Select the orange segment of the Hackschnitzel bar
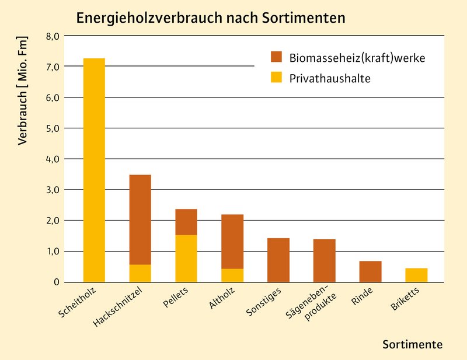(x=140, y=219)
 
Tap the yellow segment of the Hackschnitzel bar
(x=140, y=274)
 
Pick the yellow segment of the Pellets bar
(x=186, y=258)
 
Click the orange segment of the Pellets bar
(x=186, y=222)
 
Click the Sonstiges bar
(x=278, y=260)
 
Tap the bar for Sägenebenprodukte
(x=325, y=261)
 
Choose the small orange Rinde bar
(x=371, y=272)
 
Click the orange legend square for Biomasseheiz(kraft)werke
(x=276, y=57)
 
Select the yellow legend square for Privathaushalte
(x=276, y=78)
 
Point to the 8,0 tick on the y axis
(x=53, y=36)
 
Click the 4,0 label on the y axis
(x=53, y=159)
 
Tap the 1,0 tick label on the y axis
(x=53, y=251)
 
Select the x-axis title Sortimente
(x=412, y=344)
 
